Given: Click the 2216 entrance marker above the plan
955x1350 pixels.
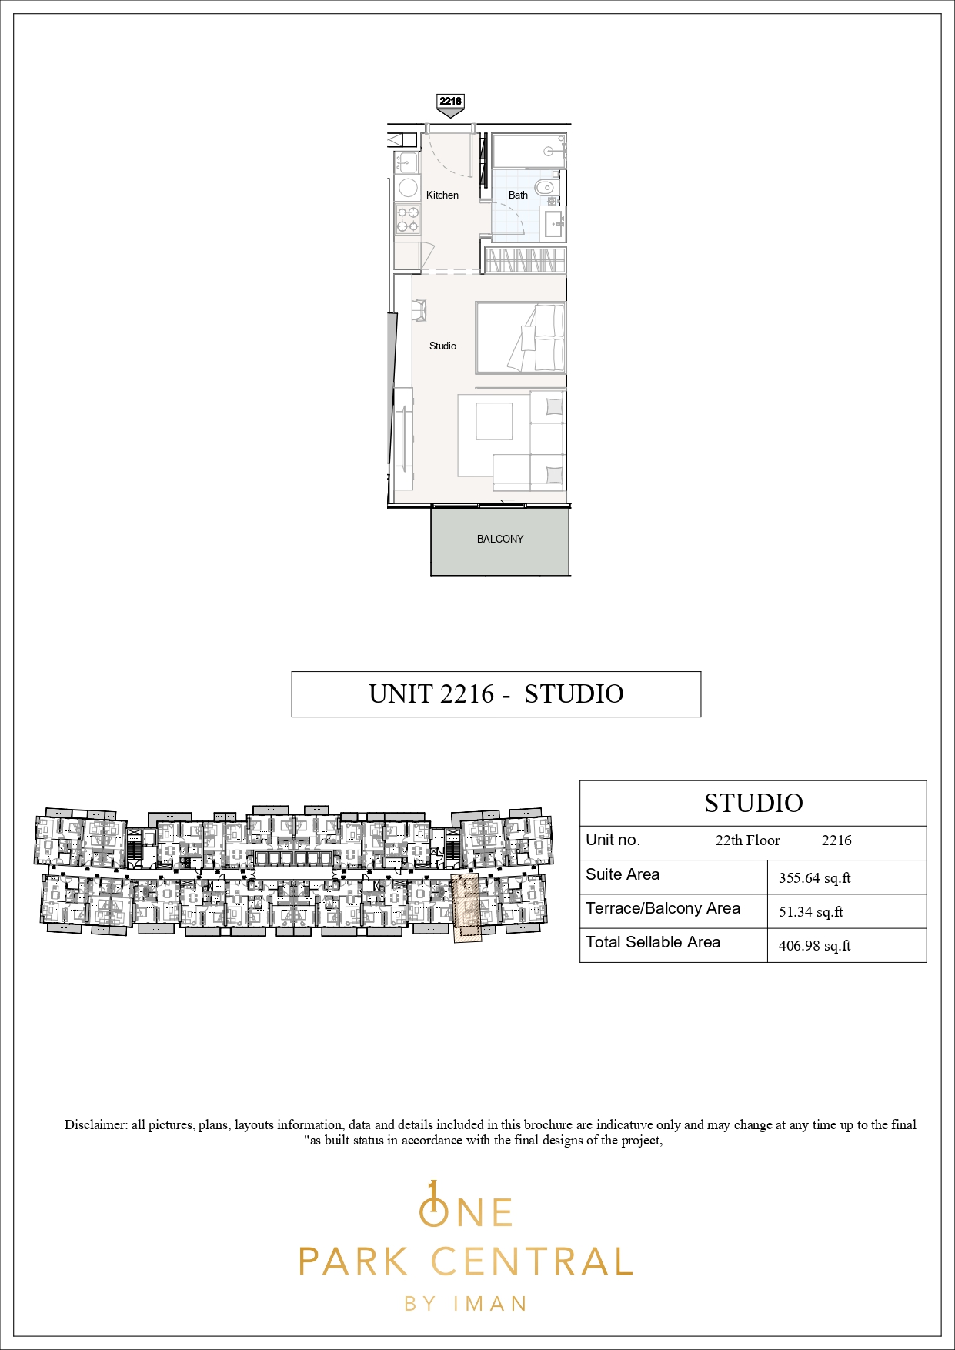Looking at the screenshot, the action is click(450, 105).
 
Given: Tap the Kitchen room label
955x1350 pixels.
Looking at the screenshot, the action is click(442, 195).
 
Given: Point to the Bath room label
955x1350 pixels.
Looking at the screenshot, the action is click(518, 195).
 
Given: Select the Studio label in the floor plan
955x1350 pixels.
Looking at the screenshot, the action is click(442, 346).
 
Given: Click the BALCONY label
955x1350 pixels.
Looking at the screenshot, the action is click(500, 539).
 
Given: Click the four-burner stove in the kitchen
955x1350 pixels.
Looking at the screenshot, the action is click(407, 219).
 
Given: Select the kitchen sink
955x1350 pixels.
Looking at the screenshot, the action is click(406, 162).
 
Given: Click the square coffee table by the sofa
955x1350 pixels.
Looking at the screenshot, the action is click(494, 421).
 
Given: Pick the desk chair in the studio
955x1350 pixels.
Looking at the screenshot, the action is click(419, 310).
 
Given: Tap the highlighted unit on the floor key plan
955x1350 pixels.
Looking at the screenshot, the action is click(466, 907).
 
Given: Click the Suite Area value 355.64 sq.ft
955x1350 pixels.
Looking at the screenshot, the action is click(814, 877).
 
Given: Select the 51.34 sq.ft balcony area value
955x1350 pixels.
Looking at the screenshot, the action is click(810, 911).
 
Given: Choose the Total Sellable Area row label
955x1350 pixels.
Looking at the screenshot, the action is click(653, 942).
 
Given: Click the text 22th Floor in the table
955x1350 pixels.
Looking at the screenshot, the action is click(747, 840).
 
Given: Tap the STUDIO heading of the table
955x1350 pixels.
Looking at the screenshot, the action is click(753, 803).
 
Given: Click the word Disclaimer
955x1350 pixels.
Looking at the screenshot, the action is click(96, 1124).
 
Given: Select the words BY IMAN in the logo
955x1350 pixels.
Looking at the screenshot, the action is click(466, 1304).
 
